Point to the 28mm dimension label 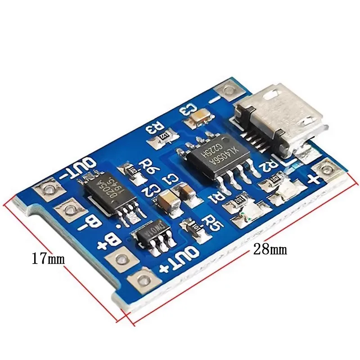pos(270,249)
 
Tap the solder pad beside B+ pos(119,259)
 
